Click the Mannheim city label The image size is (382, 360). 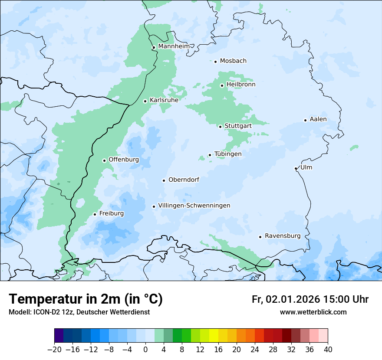pos(174,46)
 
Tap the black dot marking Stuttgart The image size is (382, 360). pos(220,127)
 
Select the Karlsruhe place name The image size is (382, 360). pos(164,100)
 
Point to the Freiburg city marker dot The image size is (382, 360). pos(95,214)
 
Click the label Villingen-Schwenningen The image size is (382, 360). pos(194,206)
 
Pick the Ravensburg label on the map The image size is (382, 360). pos(282,236)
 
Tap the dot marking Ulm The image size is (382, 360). pos(296,168)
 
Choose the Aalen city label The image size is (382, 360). pos(318,119)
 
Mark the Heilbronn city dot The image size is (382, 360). pos(222,85)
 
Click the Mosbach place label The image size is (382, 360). pos(233,61)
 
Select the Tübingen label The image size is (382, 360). pos(228,154)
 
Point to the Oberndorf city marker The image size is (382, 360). pos(164,180)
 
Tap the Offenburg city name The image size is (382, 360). pos(124,160)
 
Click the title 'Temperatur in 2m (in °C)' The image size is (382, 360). pos(86,299)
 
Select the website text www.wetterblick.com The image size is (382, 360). pos(313,312)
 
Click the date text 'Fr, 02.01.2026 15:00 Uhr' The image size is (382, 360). pos(310,299)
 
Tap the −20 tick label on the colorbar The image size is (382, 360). pos(54,350)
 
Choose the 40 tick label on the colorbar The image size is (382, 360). pos(328,350)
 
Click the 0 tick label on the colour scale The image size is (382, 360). pos(145,350)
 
